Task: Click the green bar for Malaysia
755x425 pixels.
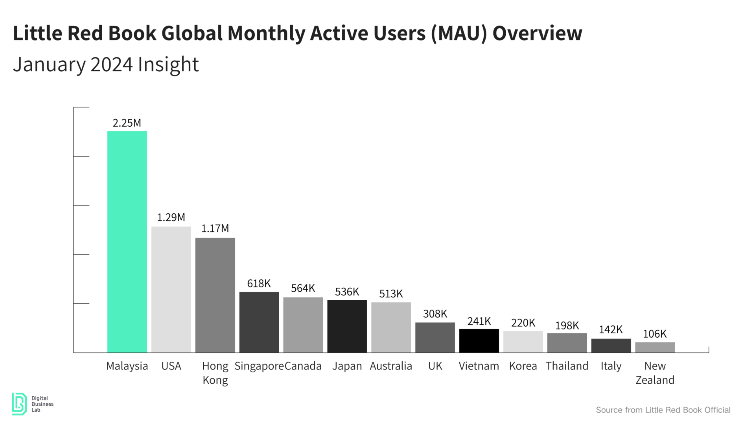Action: coord(127,242)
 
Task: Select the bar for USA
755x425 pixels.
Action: coord(171,289)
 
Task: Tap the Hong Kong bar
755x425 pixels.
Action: coord(215,295)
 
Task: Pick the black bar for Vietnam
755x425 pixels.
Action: coord(479,340)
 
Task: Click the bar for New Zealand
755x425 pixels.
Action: coord(655,347)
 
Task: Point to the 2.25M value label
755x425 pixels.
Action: coord(127,123)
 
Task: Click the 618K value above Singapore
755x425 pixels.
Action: coord(259,283)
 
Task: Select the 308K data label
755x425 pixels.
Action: coord(435,314)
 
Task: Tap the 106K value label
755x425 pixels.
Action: coord(655,334)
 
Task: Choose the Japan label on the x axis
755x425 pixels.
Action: coord(347,366)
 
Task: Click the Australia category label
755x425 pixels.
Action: coord(391,366)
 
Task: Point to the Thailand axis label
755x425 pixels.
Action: coord(567,366)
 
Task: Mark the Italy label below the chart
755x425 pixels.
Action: coord(611,366)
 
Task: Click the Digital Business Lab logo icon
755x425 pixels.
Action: coord(19,404)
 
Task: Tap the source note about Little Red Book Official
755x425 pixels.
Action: coord(663,410)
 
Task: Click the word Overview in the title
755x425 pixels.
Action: coord(537,33)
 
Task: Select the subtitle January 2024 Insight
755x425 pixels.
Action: coord(106,65)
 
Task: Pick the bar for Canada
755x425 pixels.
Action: coord(303,325)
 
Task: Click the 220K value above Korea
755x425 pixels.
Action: coord(523,323)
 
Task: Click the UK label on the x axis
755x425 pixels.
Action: coord(435,366)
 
